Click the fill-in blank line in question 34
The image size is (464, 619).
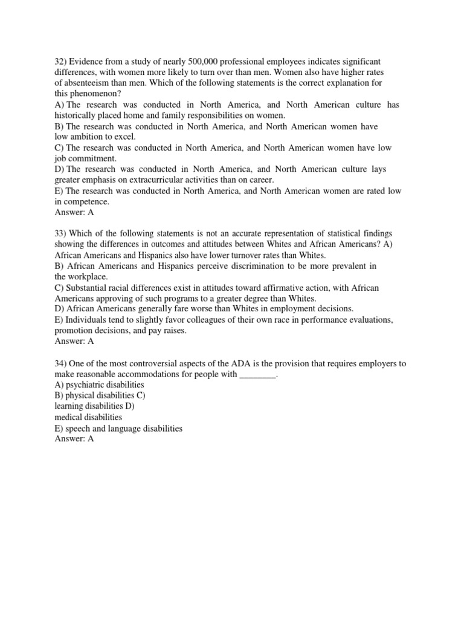click(257, 374)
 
